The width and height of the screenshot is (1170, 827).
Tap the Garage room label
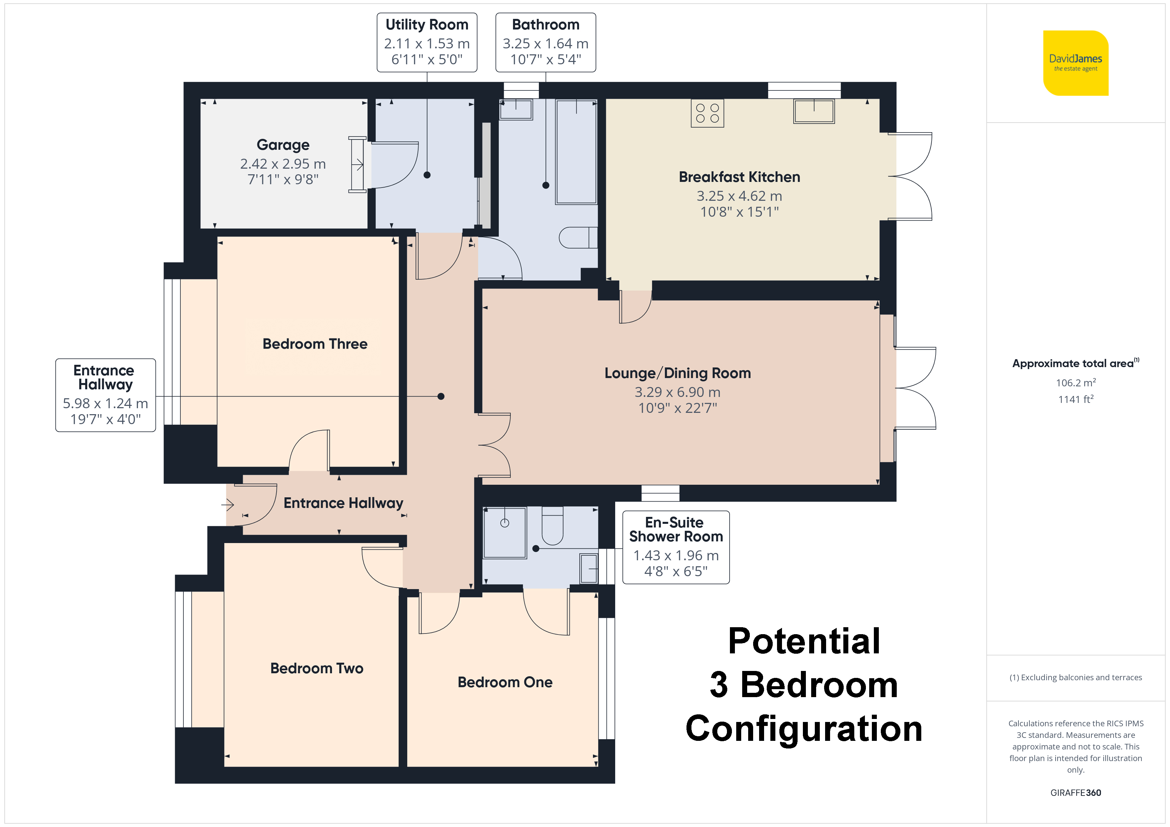283,145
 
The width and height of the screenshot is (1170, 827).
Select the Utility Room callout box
427,42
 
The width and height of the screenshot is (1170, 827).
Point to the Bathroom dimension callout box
546,42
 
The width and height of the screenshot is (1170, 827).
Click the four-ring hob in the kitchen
707,113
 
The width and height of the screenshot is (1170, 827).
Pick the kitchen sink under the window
814,111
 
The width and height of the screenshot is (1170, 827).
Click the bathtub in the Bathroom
576,152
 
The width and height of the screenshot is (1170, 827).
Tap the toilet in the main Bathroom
578,237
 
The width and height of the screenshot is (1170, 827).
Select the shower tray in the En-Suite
504,533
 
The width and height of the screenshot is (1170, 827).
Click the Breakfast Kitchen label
740,177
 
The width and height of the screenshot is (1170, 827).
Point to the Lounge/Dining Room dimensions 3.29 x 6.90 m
677,392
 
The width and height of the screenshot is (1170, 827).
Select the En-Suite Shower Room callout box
676,547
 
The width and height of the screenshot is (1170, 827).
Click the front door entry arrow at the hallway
227,505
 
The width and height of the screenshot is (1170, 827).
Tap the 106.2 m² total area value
1076,382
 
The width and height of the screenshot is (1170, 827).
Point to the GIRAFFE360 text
1076,792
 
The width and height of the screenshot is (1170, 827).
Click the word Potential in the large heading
804,641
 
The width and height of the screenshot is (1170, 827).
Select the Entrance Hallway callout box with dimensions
105,395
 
